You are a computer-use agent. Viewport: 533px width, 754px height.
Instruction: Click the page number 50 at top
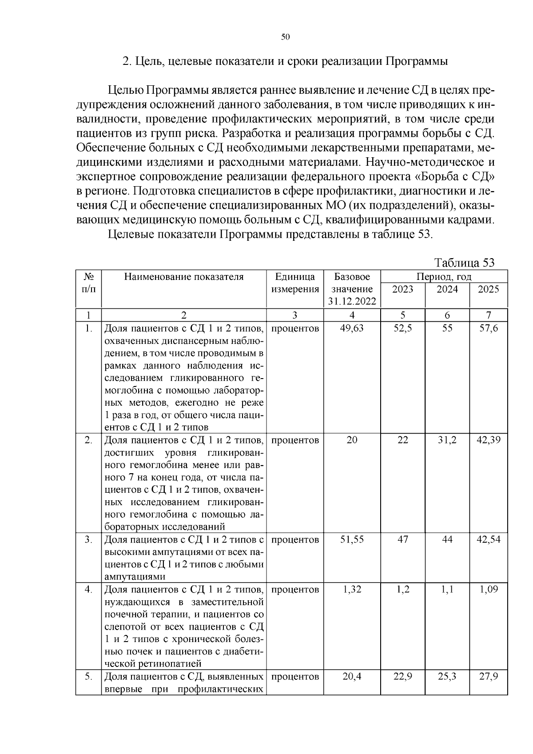285,37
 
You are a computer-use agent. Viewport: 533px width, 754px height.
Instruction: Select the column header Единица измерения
295,283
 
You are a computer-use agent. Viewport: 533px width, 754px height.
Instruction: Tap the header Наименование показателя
184,277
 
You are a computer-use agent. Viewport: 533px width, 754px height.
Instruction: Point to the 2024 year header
447,289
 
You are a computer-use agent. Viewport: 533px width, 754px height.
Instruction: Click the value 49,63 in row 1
352,328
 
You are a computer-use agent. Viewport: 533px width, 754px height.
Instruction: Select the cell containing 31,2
447,440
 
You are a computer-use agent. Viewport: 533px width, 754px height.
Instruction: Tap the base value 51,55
352,539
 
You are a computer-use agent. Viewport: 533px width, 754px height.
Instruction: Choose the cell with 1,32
352,589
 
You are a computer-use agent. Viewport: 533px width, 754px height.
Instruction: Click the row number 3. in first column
88,539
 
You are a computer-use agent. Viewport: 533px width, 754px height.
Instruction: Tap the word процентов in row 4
295,589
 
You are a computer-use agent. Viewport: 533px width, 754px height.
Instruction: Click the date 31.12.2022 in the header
352,302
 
